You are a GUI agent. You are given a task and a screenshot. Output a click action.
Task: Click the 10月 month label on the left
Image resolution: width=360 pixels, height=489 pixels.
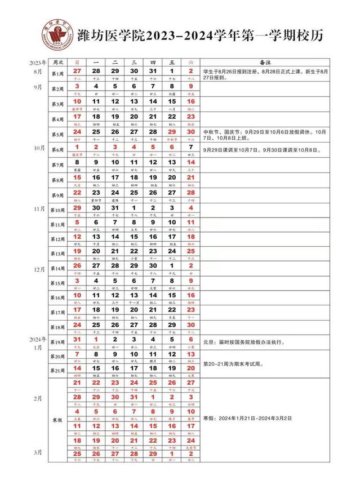39,148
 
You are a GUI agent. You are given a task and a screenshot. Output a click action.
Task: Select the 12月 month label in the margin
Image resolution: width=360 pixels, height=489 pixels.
39,270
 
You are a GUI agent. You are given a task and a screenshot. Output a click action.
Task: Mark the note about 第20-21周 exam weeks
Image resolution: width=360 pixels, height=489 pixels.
239,363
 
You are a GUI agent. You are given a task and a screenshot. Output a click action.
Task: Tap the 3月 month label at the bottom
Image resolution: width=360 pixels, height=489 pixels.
39,452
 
